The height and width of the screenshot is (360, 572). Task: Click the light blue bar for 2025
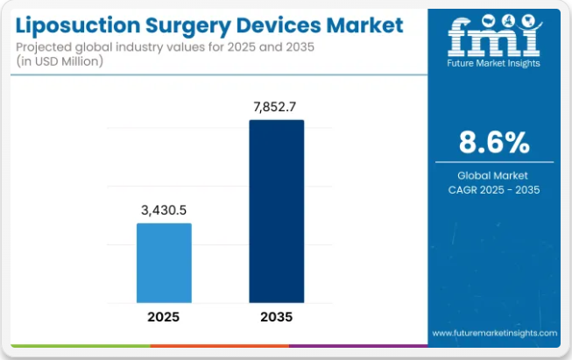164,263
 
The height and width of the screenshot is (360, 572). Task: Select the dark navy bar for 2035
277,211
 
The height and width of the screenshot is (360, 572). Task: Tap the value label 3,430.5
164,210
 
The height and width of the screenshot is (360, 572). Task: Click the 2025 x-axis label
164,316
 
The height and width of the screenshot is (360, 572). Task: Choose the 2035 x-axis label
276,316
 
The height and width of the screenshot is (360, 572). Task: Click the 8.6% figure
493,141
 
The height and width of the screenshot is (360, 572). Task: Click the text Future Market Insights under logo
493,63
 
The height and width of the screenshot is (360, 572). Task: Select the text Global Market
493,175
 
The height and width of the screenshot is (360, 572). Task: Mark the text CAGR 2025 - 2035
493,190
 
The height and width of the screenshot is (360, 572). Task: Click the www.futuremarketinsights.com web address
494,334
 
